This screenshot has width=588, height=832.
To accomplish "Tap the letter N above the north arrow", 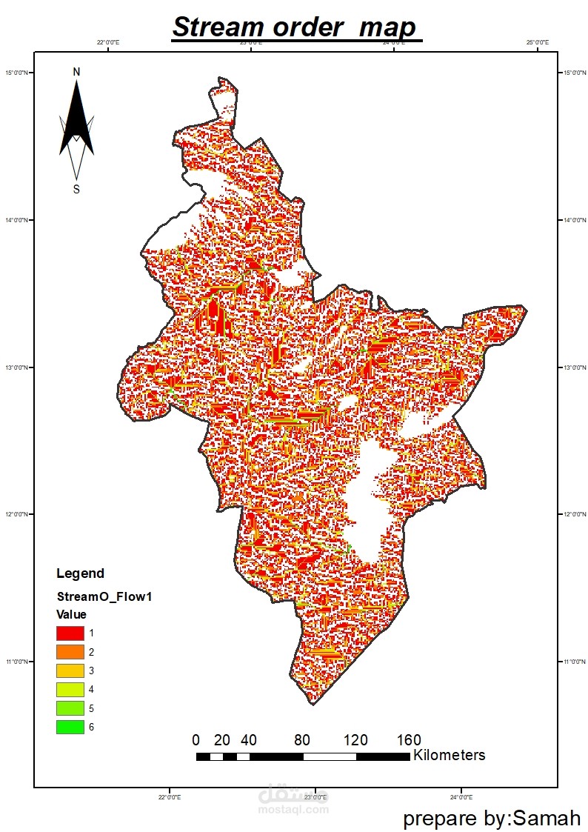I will (76, 72).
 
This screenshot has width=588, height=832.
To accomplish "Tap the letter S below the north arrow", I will (76, 189).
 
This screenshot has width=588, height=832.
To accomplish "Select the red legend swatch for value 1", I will (70, 633).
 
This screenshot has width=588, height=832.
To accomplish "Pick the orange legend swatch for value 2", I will (70, 652).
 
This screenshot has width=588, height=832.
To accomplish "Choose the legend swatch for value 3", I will (70, 670).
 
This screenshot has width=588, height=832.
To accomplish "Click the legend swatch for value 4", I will (70, 689).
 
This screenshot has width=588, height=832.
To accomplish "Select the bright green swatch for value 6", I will (70, 727).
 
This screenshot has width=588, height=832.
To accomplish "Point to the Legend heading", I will (80, 573).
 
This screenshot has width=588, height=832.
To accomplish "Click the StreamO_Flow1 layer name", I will (104, 596).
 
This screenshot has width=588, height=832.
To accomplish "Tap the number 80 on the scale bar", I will (302, 740).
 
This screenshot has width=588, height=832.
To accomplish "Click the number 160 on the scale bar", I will (409, 740).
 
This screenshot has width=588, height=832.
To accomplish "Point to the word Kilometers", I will (450, 755).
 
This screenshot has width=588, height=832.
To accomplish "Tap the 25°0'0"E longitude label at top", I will (537, 43).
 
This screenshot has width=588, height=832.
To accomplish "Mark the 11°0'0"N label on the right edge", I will (571, 661).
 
